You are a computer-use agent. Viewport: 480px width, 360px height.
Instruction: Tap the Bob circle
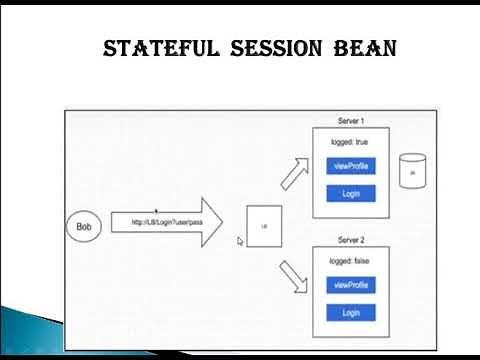(x=83, y=226)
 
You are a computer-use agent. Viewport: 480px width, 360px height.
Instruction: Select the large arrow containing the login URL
(x=166, y=222)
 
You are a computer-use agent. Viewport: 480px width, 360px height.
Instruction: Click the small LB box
(x=264, y=227)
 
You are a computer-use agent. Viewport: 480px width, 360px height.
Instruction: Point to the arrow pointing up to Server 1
(x=295, y=174)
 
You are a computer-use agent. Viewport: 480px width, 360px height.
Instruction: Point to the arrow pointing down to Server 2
(x=295, y=276)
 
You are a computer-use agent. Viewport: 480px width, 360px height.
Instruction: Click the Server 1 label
(x=350, y=121)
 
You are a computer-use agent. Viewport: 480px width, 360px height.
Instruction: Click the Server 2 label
(x=350, y=240)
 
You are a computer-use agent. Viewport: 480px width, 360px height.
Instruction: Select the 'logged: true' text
(x=350, y=142)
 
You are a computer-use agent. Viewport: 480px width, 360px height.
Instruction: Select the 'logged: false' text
(x=350, y=261)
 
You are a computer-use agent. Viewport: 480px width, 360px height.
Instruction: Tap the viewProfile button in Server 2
(x=351, y=285)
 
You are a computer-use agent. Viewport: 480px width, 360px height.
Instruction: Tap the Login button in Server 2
(x=351, y=313)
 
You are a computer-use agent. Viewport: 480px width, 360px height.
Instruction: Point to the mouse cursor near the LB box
(x=240, y=241)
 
